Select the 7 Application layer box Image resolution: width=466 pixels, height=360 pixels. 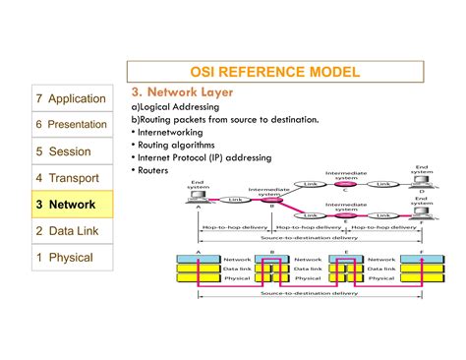click(71, 98)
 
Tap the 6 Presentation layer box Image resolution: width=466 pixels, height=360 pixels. click(71, 125)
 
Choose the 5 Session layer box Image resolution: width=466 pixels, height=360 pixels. click(71, 151)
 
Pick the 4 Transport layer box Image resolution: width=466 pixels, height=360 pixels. click(71, 178)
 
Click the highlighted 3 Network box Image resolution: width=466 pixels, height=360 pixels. click(71, 205)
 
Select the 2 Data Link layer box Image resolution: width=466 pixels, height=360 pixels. click(71, 231)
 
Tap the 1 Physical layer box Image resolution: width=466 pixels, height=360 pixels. click(71, 258)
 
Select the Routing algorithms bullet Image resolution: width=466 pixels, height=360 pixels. click(173, 144)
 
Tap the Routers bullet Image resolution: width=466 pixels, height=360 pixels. click(151, 169)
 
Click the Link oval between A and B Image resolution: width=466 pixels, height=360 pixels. click(235, 200)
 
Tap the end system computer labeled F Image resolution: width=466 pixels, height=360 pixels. click(421, 211)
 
